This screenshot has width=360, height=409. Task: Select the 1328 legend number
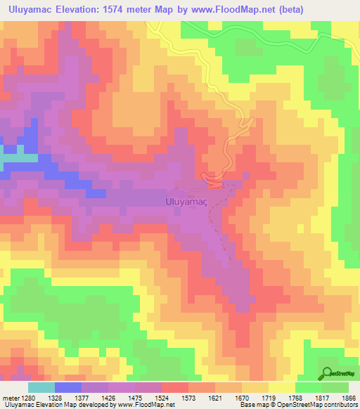click(x=64, y=398)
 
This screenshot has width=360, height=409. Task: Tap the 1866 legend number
click(x=349, y=398)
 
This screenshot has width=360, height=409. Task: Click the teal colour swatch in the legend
click(x=41, y=387)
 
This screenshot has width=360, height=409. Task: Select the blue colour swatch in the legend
click(x=68, y=387)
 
